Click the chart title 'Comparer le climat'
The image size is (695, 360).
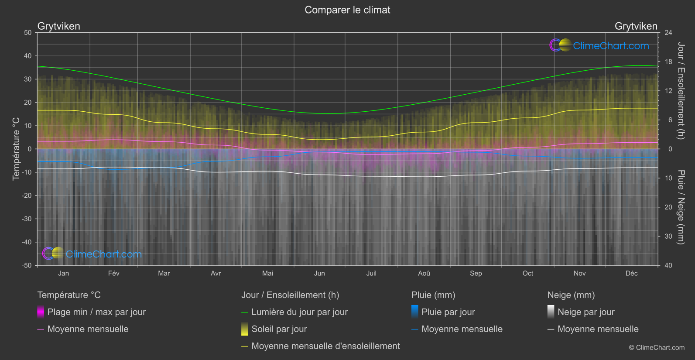tap(347, 10)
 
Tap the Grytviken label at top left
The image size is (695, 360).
tap(59, 26)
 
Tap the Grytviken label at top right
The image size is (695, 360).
tap(636, 26)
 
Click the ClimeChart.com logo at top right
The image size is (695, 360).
tap(599, 45)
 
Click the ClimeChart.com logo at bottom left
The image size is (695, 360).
tap(92, 254)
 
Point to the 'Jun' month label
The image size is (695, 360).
tap(319, 273)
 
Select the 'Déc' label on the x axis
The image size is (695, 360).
tap(631, 273)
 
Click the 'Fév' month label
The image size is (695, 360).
tap(113, 273)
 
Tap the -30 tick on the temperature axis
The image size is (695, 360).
tap(27, 219)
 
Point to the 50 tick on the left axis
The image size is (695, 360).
tap(28, 33)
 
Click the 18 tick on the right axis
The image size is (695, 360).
tap(668, 62)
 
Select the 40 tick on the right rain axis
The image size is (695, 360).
tap(668, 265)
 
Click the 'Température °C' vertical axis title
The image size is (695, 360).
tap(16, 149)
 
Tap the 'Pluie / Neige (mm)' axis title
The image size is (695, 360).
tap(681, 207)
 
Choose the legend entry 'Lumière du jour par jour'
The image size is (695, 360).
tap(299, 312)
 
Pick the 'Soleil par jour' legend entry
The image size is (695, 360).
tap(279, 329)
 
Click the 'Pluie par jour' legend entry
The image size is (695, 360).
tap(448, 312)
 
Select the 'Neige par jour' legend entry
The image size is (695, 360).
tap(586, 312)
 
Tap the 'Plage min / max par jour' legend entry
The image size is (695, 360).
tap(96, 312)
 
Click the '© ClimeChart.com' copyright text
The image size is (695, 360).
tap(657, 348)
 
